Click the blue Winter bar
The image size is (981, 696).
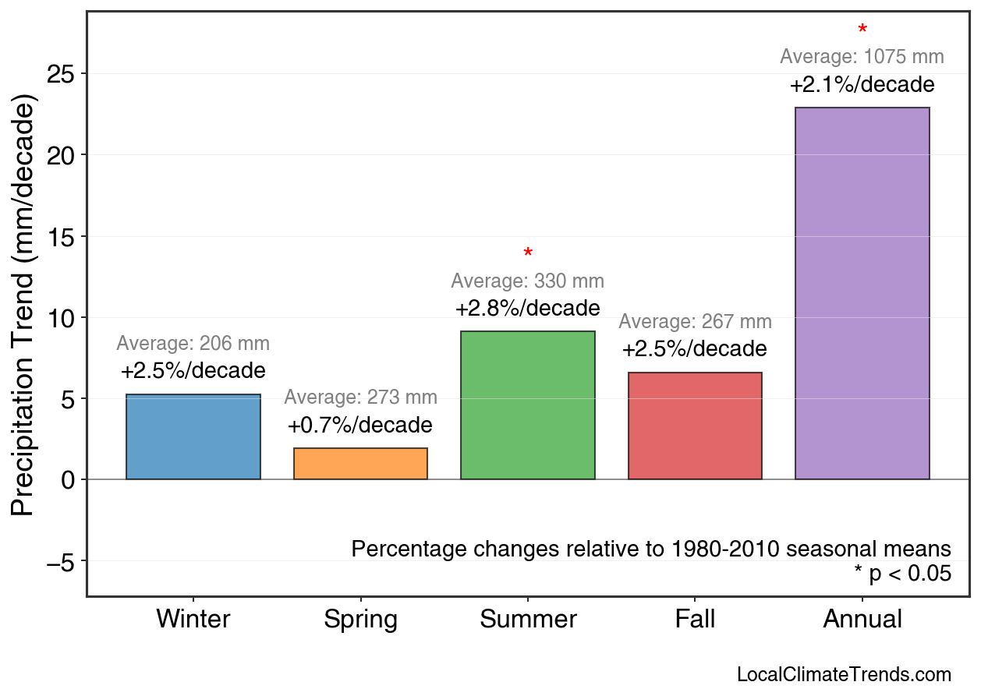(x=193, y=436)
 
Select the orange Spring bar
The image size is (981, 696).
(x=360, y=464)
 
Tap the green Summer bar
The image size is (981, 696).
(x=528, y=405)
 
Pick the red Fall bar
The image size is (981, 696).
(x=695, y=426)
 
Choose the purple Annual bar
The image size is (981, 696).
(x=862, y=293)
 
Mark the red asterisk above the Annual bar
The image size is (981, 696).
(x=862, y=30)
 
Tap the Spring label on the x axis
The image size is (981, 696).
(x=360, y=620)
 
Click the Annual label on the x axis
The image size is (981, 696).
(x=862, y=620)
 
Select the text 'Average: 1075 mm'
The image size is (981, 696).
(x=862, y=57)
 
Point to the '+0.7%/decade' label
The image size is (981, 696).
(x=359, y=426)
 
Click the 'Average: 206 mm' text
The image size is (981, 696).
(x=193, y=344)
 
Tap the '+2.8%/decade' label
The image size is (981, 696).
(x=528, y=308)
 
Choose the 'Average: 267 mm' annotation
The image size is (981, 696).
(x=695, y=322)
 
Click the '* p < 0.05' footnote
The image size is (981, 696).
(x=902, y=574)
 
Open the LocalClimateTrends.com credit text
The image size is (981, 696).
(x=844, y=675)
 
